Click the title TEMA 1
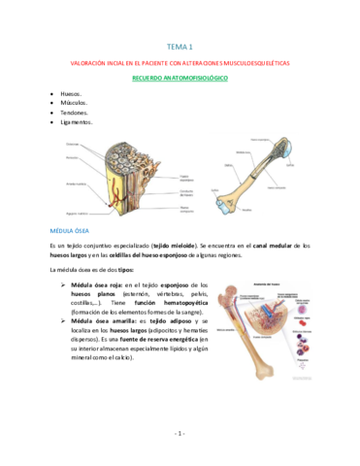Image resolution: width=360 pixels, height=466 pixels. [x=180, y=46]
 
